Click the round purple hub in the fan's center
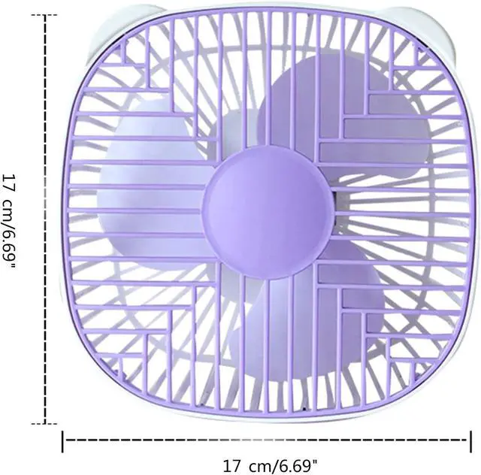268,213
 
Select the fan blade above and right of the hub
343,116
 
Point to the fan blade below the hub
307,310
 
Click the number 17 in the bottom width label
231,466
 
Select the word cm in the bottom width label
259,467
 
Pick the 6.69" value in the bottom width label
295,466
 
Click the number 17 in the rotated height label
9,183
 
